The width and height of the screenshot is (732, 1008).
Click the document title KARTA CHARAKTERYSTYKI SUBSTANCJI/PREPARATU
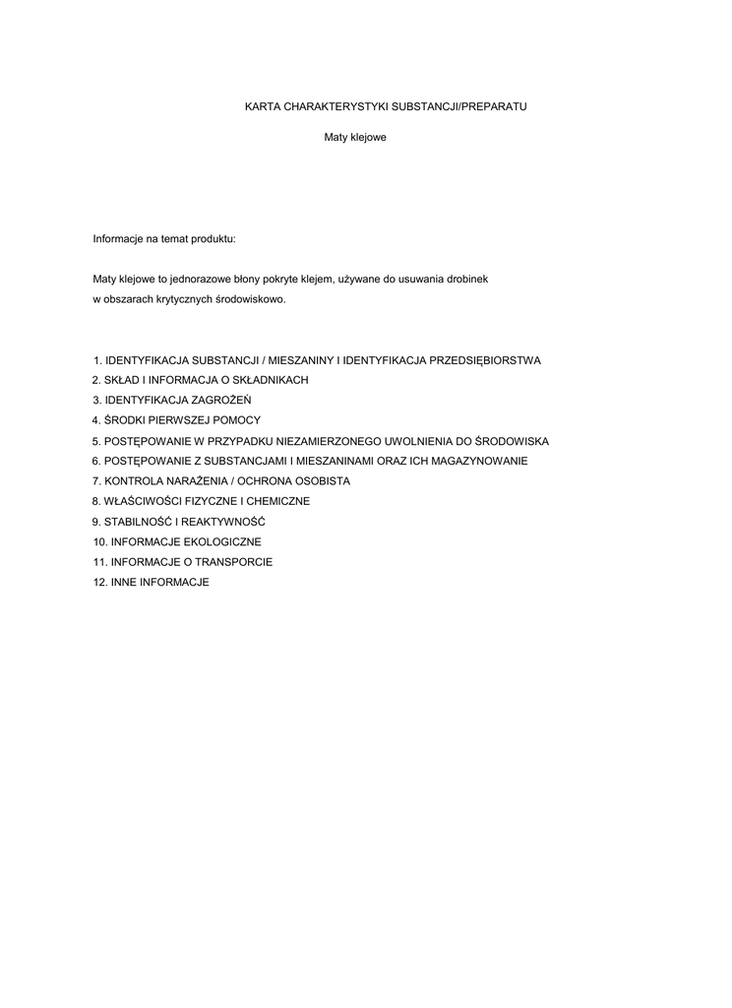pos(386,105)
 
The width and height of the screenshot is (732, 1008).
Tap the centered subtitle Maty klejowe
pos(355,137)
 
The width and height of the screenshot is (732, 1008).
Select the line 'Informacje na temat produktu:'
pos(164,239)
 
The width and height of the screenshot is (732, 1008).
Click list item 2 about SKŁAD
pos(201,380)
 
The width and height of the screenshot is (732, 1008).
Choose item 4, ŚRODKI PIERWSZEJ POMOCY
pos(177,420)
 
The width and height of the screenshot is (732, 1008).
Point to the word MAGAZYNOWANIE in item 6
pos(481,461)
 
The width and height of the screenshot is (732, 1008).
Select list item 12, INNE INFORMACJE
pos(152,582)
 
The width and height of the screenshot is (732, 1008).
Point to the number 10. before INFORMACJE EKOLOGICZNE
pos(99,541)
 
